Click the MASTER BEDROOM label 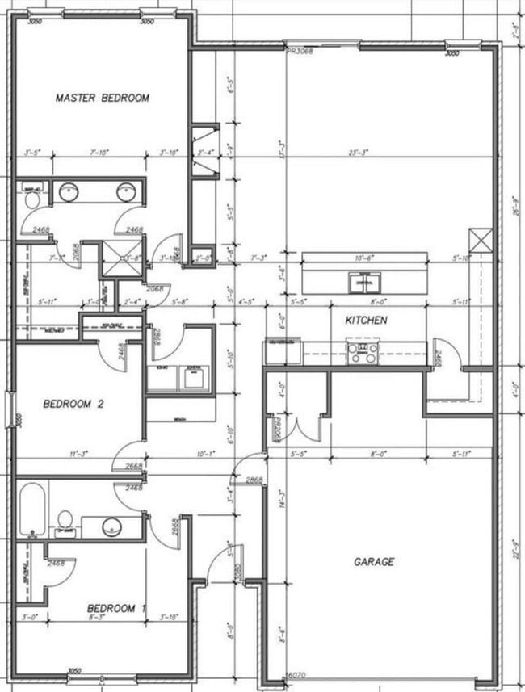click(103, 98)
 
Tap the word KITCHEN click(366, 321)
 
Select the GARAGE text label click(373, 561)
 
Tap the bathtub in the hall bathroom click(33, 510)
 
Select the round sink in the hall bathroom click(111, 526)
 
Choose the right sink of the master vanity click(125, 192)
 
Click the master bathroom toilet click(32, 197)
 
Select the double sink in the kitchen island click(365, 283)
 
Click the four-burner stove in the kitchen click(363, 353)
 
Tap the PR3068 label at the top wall click(299, 50)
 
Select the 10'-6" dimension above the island click(366, 258)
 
